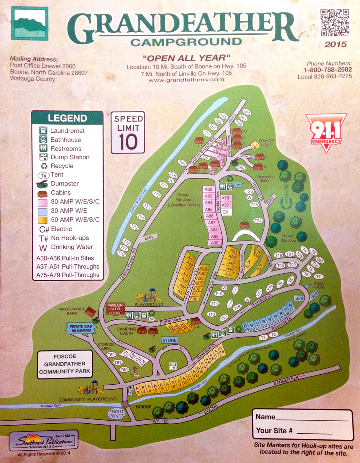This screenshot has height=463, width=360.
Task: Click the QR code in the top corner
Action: click(335, 22)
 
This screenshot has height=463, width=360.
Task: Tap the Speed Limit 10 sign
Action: click(128, 132)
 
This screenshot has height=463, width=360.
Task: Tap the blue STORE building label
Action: click(169, 340)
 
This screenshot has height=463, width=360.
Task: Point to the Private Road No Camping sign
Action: click(81, 328)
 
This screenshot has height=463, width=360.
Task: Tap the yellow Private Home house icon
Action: click(255, 145)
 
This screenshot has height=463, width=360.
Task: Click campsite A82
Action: click(209, 189)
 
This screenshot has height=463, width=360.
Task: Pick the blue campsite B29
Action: click(315, 295)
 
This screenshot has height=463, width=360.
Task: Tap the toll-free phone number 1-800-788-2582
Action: click(328, 70)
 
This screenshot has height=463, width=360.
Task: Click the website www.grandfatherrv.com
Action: click(186, 79)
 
